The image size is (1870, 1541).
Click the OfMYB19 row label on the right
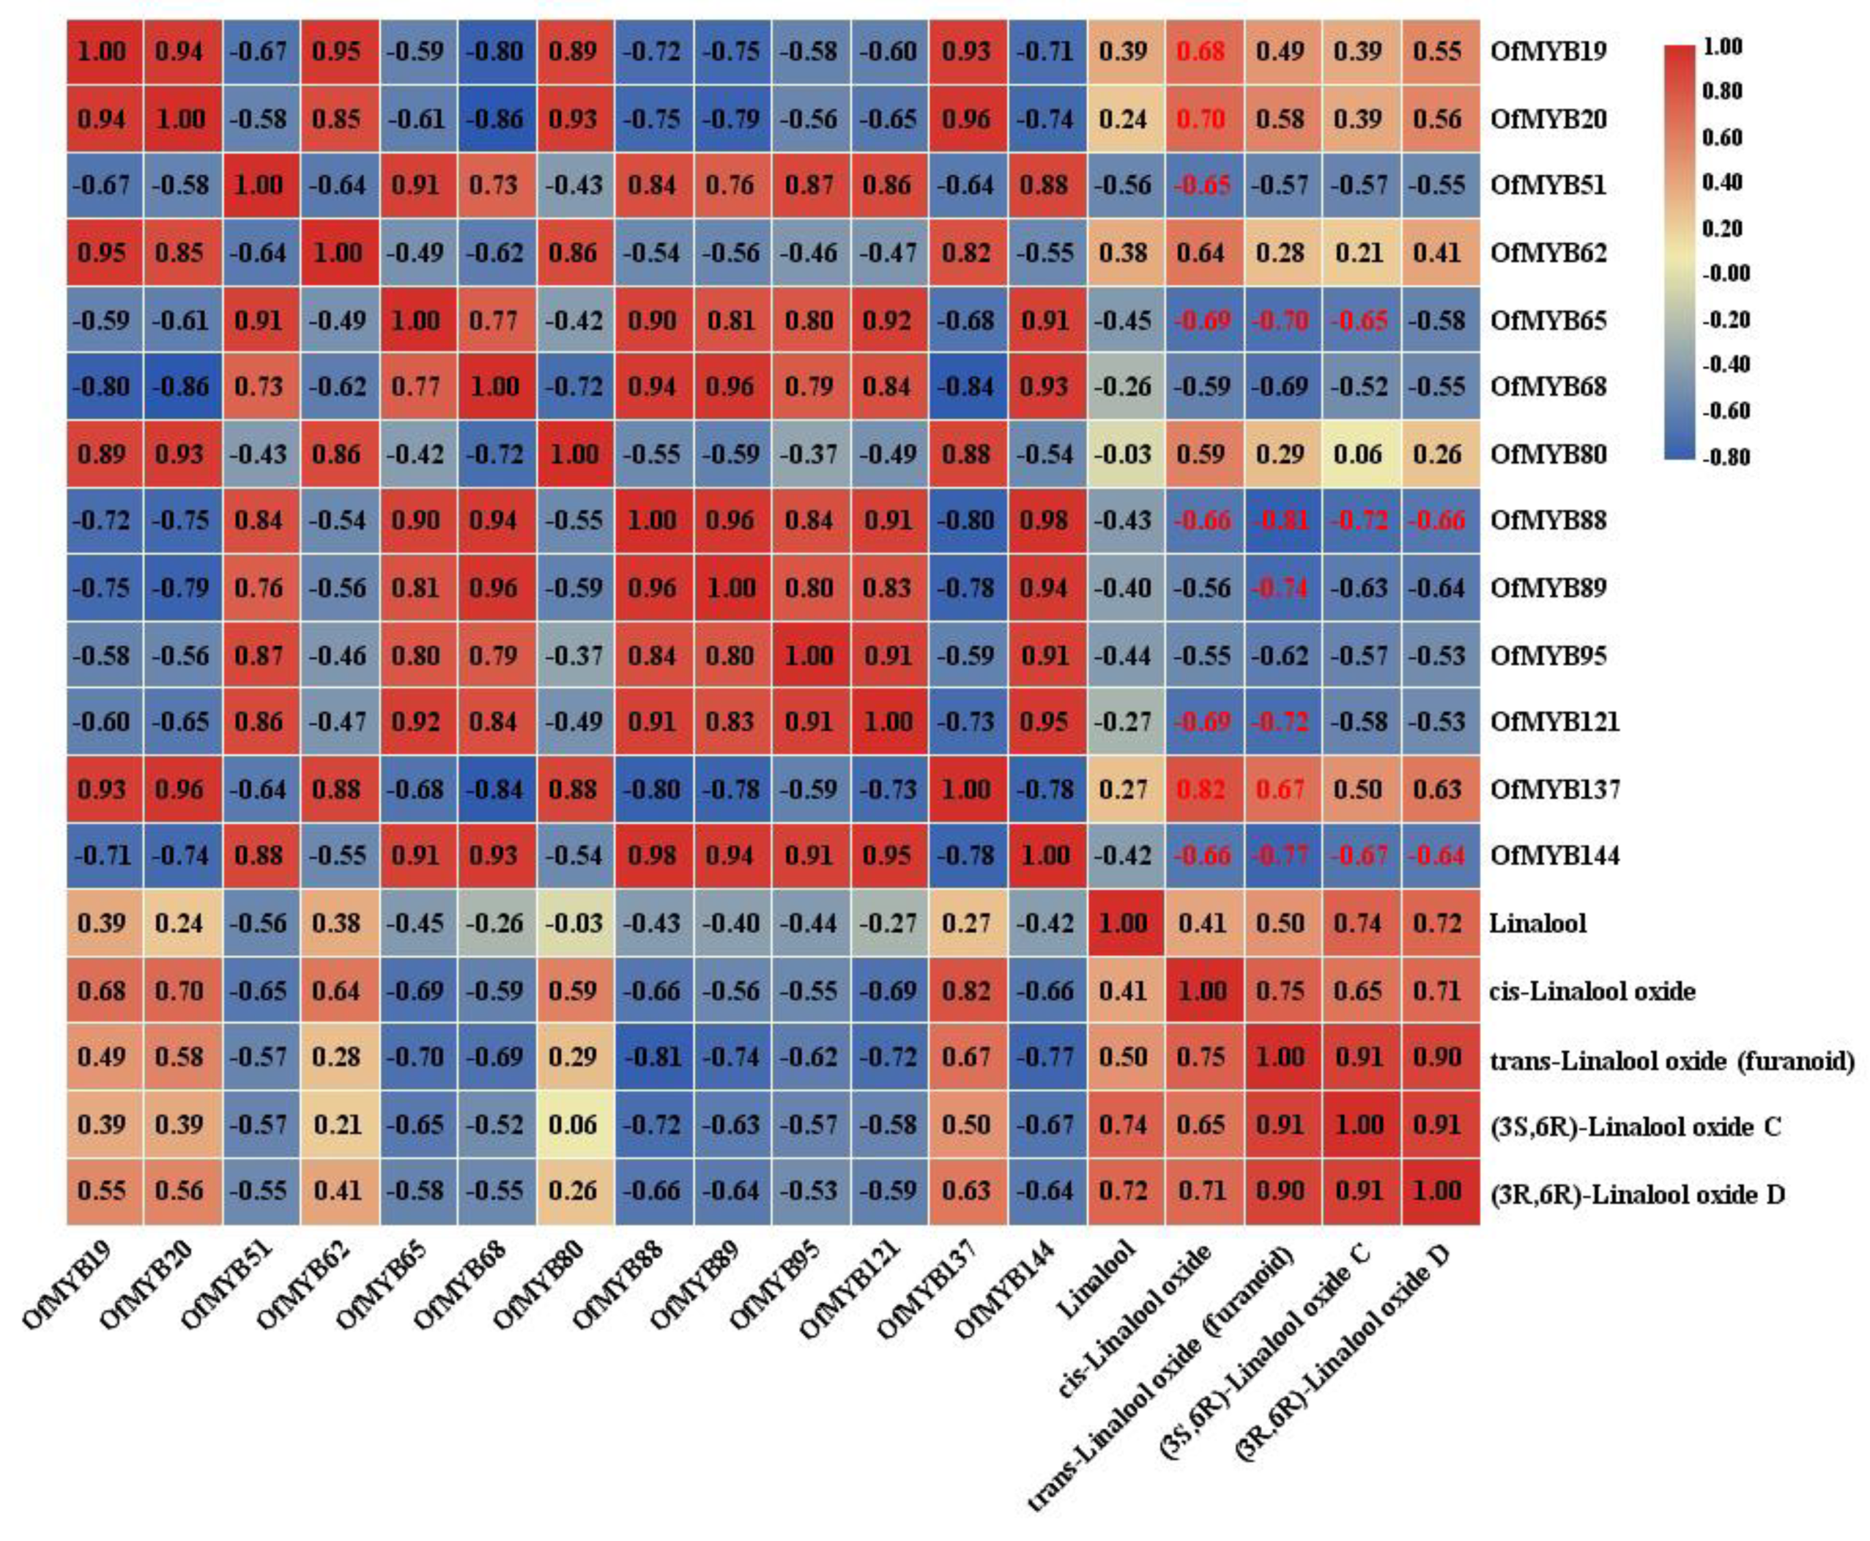(x=1548, y=51)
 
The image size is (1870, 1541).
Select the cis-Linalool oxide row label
(x=1591, y=991)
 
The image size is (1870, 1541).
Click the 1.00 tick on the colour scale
(x=1724, y=46)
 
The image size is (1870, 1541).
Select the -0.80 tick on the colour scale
(x=1724, y=457)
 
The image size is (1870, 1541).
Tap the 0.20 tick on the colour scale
(x=1724, y=228)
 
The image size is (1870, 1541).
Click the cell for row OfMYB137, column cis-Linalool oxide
(x=1202, y=789)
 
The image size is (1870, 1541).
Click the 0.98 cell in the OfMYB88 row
(x=1045, y=521)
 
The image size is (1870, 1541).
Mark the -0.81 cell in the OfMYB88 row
(x=1280, y=521)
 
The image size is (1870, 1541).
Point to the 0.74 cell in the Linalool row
(x=1360, y=923)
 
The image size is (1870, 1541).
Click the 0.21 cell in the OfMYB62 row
(x=1360, y=253)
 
